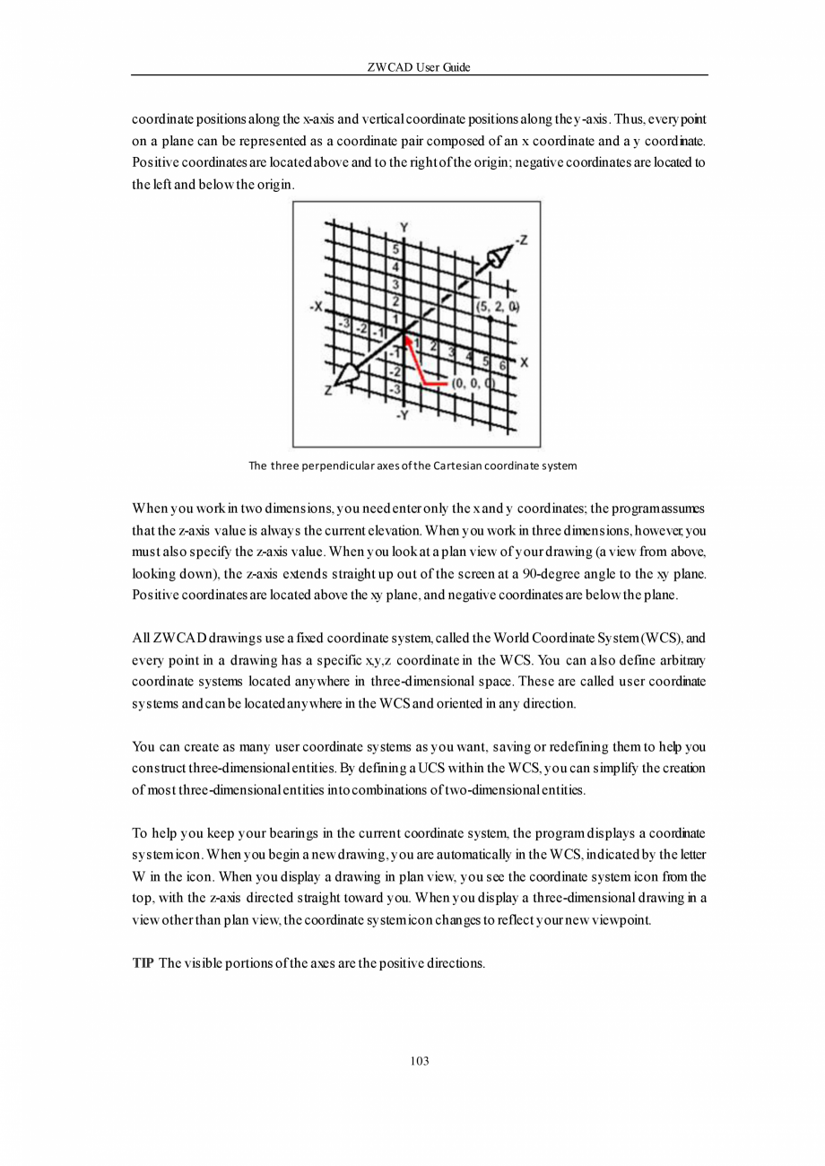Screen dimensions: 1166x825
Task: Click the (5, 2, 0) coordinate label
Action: coord(498,307)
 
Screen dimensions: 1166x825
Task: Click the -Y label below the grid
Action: coord(404,414)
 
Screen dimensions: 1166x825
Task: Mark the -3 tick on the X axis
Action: coord(343,323)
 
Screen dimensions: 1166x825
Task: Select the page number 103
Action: coord(419,1061)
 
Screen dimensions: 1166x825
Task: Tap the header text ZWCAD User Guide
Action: coord(419,68)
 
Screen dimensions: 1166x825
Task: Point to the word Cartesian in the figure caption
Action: coord(458,466)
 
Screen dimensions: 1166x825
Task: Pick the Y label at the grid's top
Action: coord(404,226)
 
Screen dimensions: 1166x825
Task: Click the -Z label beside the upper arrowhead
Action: coord(522,239)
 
